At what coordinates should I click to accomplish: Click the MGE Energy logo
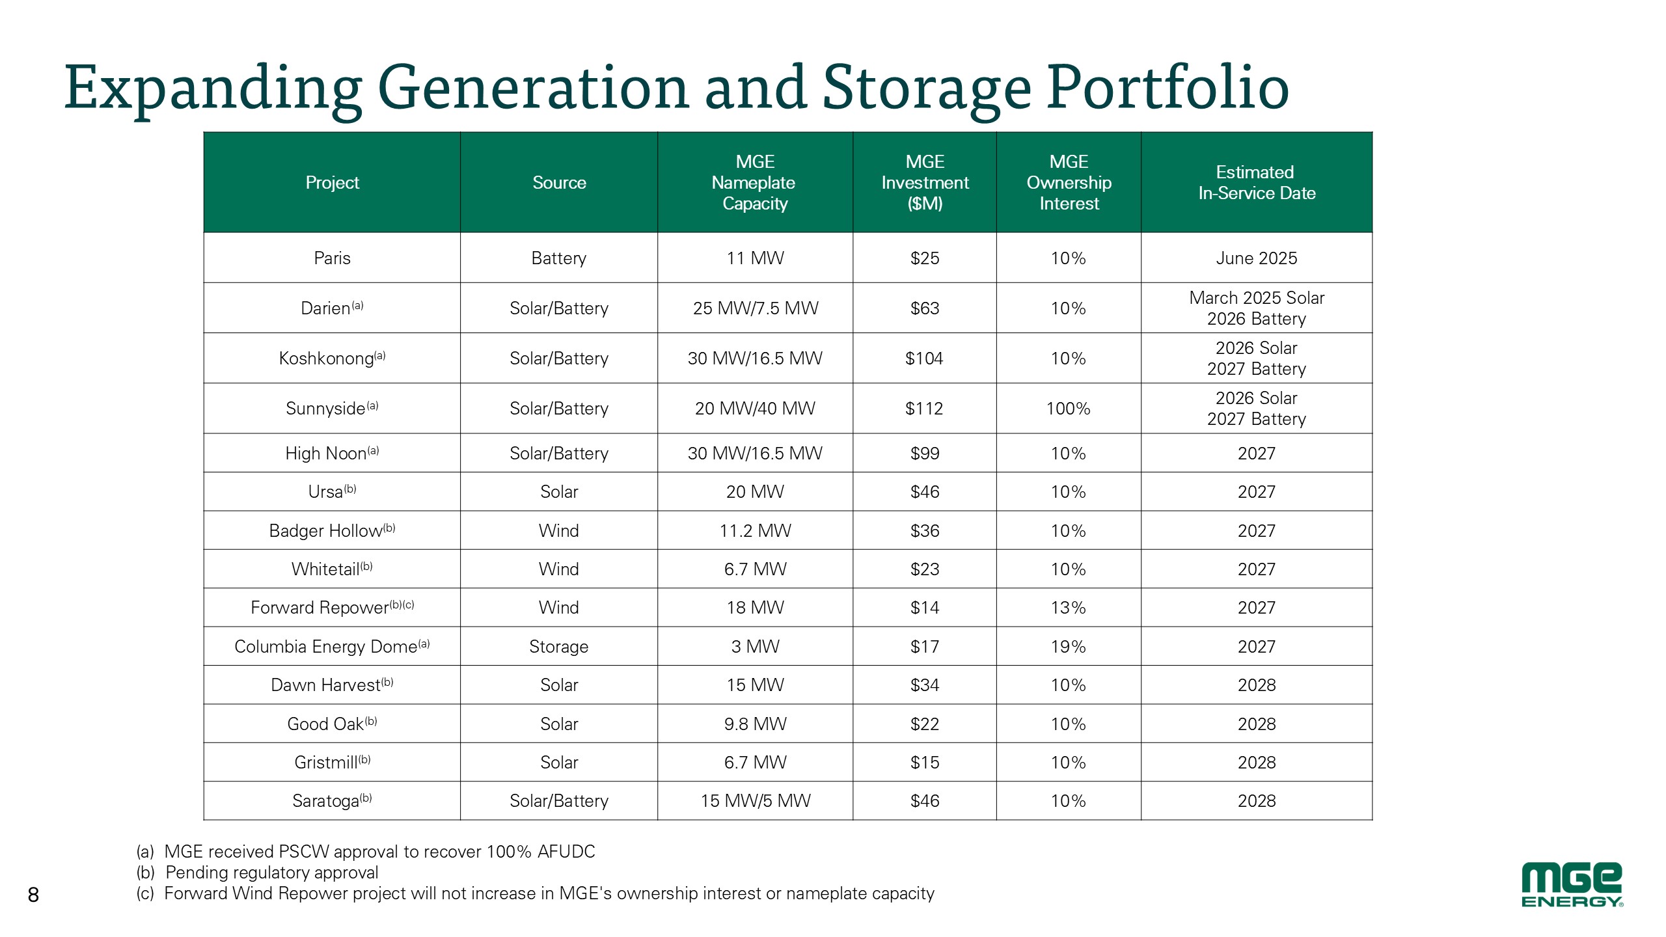(x=1571, y=885)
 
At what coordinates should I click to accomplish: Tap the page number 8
(x=33, y=895)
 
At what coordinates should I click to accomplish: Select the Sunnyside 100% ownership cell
(x=1068, y=409)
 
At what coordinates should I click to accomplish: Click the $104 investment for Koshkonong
(x=924, y=359)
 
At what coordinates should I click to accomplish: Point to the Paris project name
(x=332, y=258)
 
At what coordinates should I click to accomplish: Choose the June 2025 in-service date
(x=1256, y=258)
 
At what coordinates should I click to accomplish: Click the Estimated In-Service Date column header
(x=1256, y=183)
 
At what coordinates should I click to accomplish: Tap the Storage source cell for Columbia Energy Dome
(x=558, y=647)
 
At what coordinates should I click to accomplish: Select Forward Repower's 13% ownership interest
(x=1068, y=608)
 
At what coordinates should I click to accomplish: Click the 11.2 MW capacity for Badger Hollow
(x=755, y=531)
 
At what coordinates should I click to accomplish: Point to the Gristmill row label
(x=332, y=763)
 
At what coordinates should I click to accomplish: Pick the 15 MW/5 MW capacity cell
(x=755, y=801)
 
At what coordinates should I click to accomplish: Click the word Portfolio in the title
(x=1168, y=88)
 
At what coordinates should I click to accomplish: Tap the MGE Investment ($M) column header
(x=925, y=183)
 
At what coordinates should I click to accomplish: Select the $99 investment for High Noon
(x=924, y=454)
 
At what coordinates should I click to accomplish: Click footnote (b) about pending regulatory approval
(x=258, y=873)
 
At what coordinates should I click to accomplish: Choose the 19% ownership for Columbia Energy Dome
(x=1068, y=647)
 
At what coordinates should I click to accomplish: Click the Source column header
(x=559, y=183)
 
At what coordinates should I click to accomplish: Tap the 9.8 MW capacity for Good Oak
(x=755, y=724)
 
